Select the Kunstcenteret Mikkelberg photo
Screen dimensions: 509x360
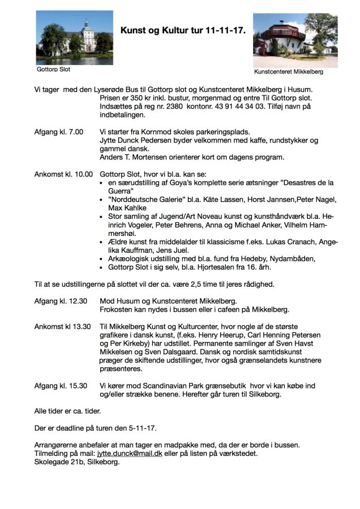288,40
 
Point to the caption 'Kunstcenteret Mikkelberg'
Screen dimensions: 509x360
289,72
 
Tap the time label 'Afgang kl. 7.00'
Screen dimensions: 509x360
59,132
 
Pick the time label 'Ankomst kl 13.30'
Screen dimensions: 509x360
62,326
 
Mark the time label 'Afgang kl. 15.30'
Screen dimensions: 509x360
61,386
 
